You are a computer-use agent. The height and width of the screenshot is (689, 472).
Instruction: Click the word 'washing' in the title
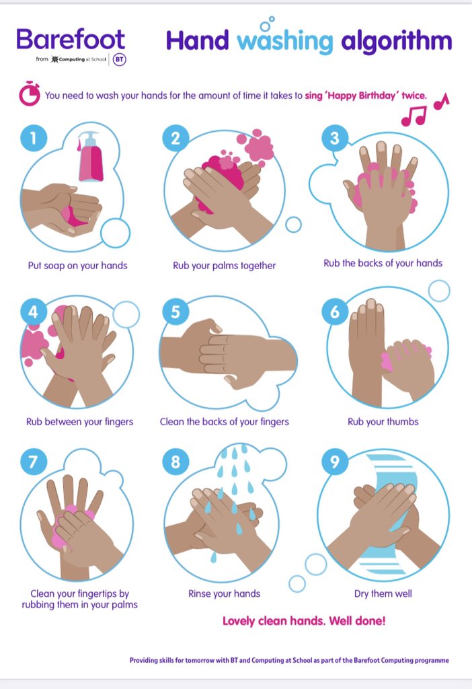285,42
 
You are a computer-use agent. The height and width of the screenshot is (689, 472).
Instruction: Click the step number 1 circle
32,138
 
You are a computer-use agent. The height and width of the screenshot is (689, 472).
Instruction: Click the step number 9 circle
335,463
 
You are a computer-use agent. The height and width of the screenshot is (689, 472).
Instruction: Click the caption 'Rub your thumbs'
383,422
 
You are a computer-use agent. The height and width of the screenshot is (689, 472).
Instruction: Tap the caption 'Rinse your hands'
224,593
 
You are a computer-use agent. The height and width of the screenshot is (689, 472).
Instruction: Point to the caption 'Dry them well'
383,593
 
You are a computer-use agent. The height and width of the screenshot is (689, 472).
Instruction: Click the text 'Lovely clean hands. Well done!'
304,621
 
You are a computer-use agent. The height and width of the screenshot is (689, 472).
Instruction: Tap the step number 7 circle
32,463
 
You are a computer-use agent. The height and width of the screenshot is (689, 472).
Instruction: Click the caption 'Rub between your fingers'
79,422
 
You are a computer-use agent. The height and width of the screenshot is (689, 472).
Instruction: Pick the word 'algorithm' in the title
397,42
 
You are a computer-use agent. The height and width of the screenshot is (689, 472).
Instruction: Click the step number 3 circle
335,139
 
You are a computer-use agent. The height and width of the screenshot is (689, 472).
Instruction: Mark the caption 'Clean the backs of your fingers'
224,422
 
